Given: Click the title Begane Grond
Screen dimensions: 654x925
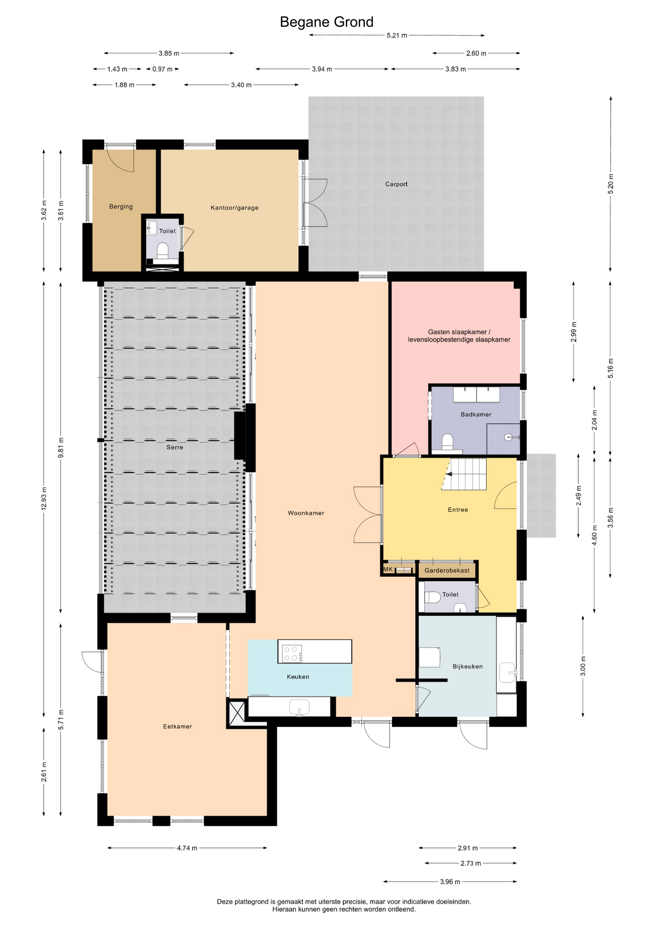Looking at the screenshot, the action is (327, 22).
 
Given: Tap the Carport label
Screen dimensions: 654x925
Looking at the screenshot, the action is (396, 184).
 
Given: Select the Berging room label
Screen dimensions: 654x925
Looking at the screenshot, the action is (121, 207).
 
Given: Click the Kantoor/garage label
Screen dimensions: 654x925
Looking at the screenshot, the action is (235, 208).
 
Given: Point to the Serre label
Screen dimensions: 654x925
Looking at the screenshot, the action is (175, 447).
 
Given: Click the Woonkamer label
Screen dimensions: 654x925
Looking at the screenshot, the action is (306, 513).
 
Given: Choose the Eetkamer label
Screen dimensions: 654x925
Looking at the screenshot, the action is (177, 727).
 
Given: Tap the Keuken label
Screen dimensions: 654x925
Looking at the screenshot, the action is (298, 677).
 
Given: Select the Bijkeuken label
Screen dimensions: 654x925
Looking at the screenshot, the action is (468, 667).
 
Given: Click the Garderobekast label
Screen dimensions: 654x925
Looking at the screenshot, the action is (447, 570).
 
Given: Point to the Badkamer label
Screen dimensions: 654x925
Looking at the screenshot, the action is (476, 414).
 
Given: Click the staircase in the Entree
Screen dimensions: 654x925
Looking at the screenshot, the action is (464, 474).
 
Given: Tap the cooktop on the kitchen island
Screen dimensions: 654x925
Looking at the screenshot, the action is (292, 653).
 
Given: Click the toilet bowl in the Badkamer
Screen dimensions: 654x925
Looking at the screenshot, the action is (448, 441).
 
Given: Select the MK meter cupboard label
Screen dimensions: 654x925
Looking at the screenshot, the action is (388, 569).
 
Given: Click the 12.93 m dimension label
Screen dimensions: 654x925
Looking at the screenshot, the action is (44, 499).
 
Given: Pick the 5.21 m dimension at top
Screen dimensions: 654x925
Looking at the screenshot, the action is (397, 35).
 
